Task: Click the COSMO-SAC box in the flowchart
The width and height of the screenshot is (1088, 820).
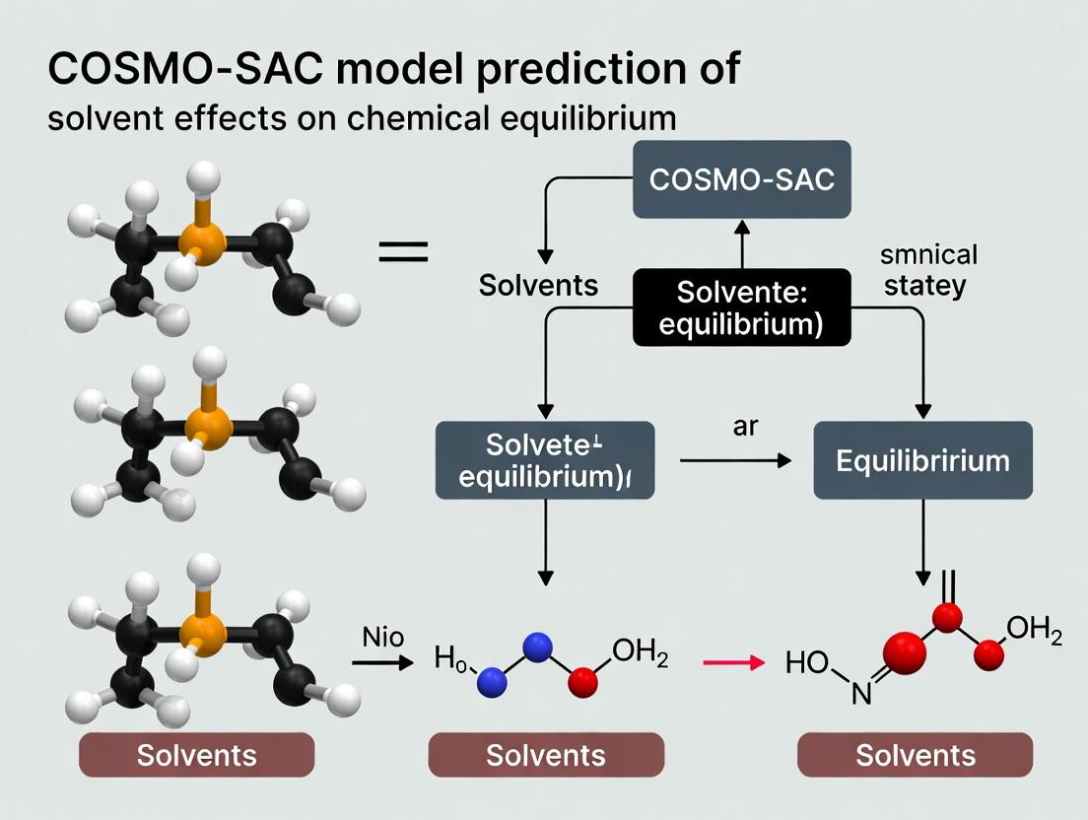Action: coord(742,180)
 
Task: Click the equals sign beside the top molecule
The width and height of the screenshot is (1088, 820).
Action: coord(403,252)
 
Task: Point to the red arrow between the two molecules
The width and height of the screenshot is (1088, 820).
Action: coord(733,663)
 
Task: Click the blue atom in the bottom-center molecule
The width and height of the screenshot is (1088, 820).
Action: coord(536,648)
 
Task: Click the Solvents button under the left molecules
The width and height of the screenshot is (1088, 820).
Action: coord(196,756)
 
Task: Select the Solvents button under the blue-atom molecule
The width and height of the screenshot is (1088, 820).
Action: coord(546,756)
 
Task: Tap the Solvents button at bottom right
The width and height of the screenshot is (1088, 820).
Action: coord(916,756)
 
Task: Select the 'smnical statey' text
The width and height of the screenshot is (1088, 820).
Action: coord(927,269)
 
